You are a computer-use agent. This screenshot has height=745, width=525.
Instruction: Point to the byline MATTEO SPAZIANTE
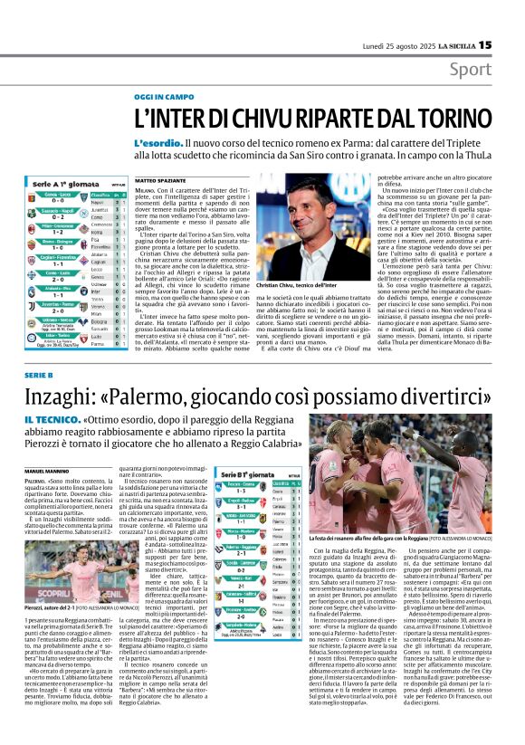click(158, 181)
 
